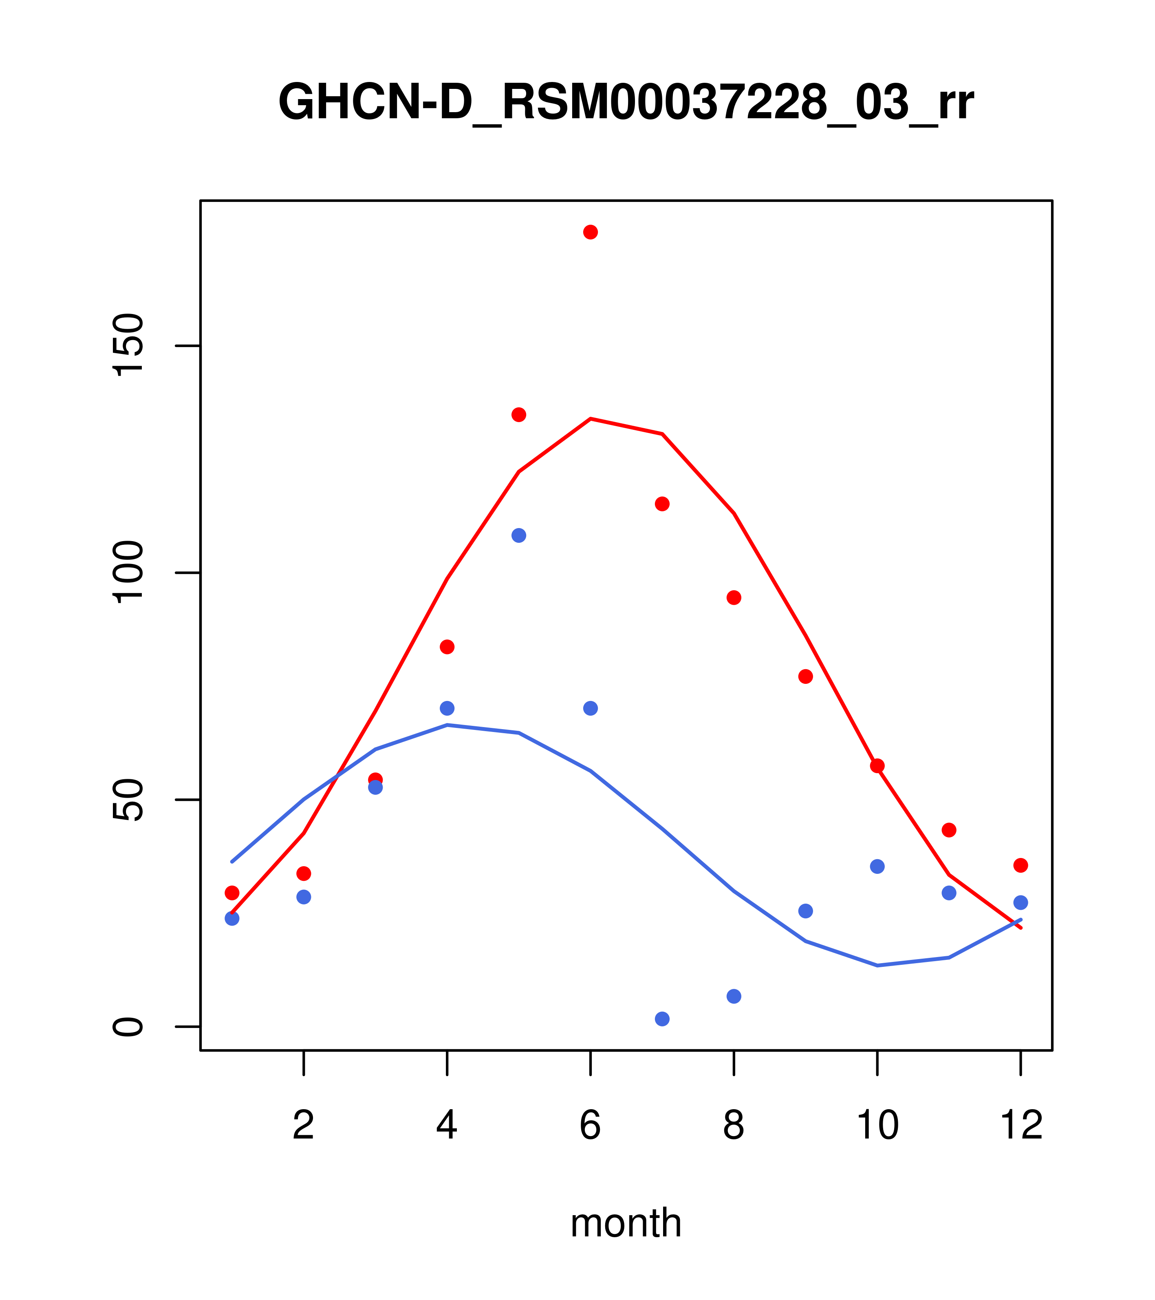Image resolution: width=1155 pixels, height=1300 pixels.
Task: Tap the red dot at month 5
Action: (x=519, y=415)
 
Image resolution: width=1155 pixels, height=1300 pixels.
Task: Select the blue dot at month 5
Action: (x=519, y=535)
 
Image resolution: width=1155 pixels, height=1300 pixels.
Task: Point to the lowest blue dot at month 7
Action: (x=662, y=1019)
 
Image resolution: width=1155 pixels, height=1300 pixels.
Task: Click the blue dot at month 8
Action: (x=734, y=996)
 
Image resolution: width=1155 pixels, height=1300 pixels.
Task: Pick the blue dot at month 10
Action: (x=877, y=866)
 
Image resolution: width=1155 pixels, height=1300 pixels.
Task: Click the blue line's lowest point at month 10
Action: (x=877, y=966)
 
